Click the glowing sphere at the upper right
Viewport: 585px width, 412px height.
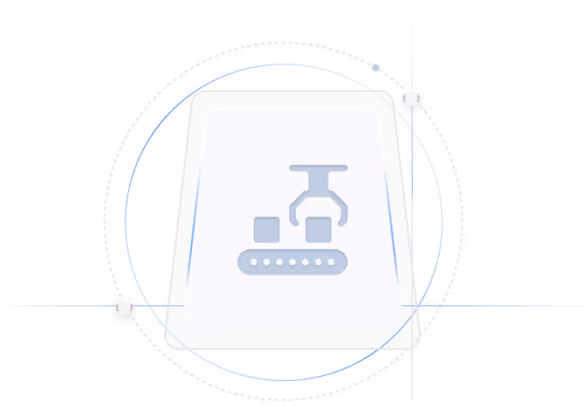pyautogui.click(x=412, y=97)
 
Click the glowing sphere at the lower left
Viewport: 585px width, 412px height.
pyautogui.click(x=125, y=305)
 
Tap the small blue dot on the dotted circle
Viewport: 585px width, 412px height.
pyautogui.click(x=376, y=67)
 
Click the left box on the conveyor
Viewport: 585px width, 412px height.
pyautogui.click(x=267, y=230)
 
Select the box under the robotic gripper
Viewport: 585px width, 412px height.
pyautogui.click(x=318, y=230)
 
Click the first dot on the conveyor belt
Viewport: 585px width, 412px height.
pyautogui.click(x=254, y=261)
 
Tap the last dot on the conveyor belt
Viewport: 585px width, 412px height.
pyautogui.click(x=331, y=261)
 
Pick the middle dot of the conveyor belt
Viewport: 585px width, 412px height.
pyautogui.click(x=292, y=261)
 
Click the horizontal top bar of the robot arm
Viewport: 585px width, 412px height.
pyautogui.click(x=318, y=168)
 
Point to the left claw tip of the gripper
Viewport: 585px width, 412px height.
pyautogui.click(x=295, y=223)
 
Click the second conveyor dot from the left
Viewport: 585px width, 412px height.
pyautogui.click(x=267, y=261)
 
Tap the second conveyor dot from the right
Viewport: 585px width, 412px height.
pyautogui.click(x=318, y=261)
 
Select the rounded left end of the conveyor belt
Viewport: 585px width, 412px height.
pyautogui.click(x=242, y=261)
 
